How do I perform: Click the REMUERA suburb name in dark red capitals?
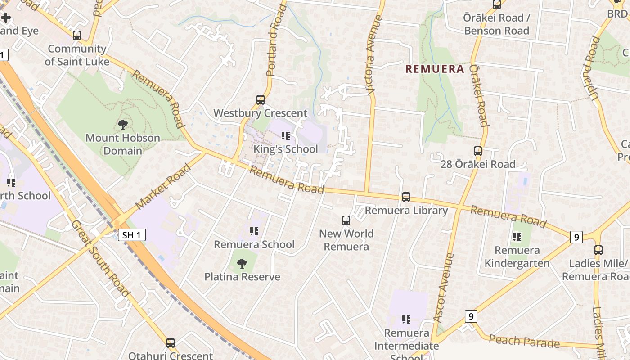coord(434,69)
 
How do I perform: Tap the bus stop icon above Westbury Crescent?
coord(260,100)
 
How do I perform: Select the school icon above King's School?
coord(285,135)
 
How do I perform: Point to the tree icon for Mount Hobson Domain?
coord(122,124)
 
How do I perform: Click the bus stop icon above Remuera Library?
coord(406,197)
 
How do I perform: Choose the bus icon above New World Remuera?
coord(346,220)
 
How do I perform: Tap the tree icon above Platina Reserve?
coord(242,263)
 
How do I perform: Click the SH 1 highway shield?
coord(132,234)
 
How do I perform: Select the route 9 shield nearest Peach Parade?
coord(471,316)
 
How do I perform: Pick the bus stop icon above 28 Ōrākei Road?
coord(478,151)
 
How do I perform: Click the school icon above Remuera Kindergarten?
coord(517,237)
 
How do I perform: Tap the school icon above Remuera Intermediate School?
coord(406,319)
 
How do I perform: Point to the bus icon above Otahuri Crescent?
coord(170,343)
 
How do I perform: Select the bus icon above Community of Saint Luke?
coord(77,36)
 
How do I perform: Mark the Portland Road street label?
coord(276,40)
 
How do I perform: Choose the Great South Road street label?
coord(100,258)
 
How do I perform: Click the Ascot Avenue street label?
coord(444,287)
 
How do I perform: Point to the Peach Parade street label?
coord(524,342)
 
